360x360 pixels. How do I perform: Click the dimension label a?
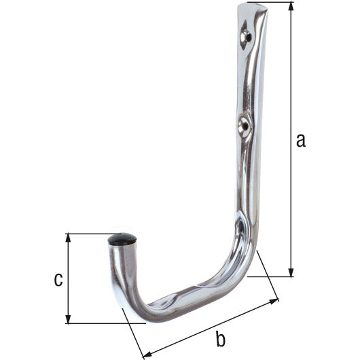point(301,141)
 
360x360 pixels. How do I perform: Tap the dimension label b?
point(219,338)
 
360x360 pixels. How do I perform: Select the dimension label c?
point(58,278)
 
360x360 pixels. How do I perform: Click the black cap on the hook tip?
point(122,240)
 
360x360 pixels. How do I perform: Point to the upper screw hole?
point(245,35)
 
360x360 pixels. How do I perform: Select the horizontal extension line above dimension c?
point(88,234)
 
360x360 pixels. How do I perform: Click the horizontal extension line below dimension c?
point(102,323)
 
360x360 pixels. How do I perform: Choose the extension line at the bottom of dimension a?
point(272,276)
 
